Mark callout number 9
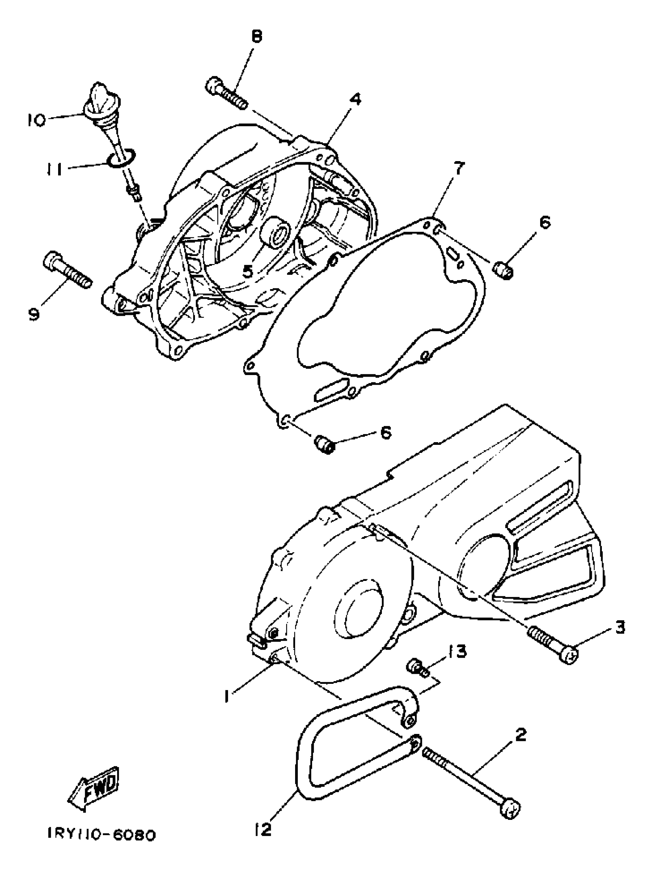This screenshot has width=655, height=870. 34,314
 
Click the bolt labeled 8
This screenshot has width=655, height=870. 226,93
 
